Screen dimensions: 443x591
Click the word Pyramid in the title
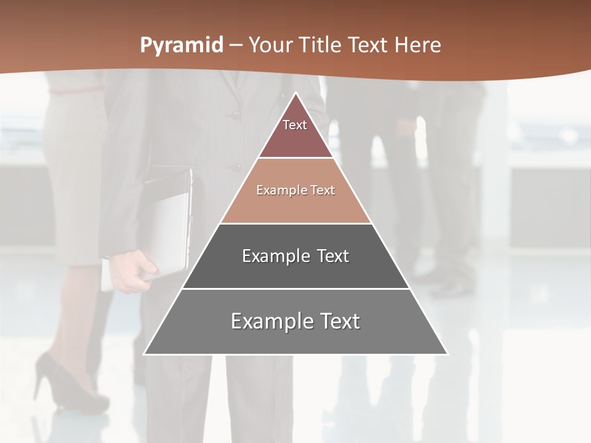[182, 46]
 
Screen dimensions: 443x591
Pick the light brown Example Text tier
[295, 191]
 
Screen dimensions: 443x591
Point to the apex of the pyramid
[295, 94]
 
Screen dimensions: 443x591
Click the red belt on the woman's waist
[74, 91]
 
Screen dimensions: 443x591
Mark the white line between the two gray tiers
[295, 288]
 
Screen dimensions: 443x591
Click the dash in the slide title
[236, 46]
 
